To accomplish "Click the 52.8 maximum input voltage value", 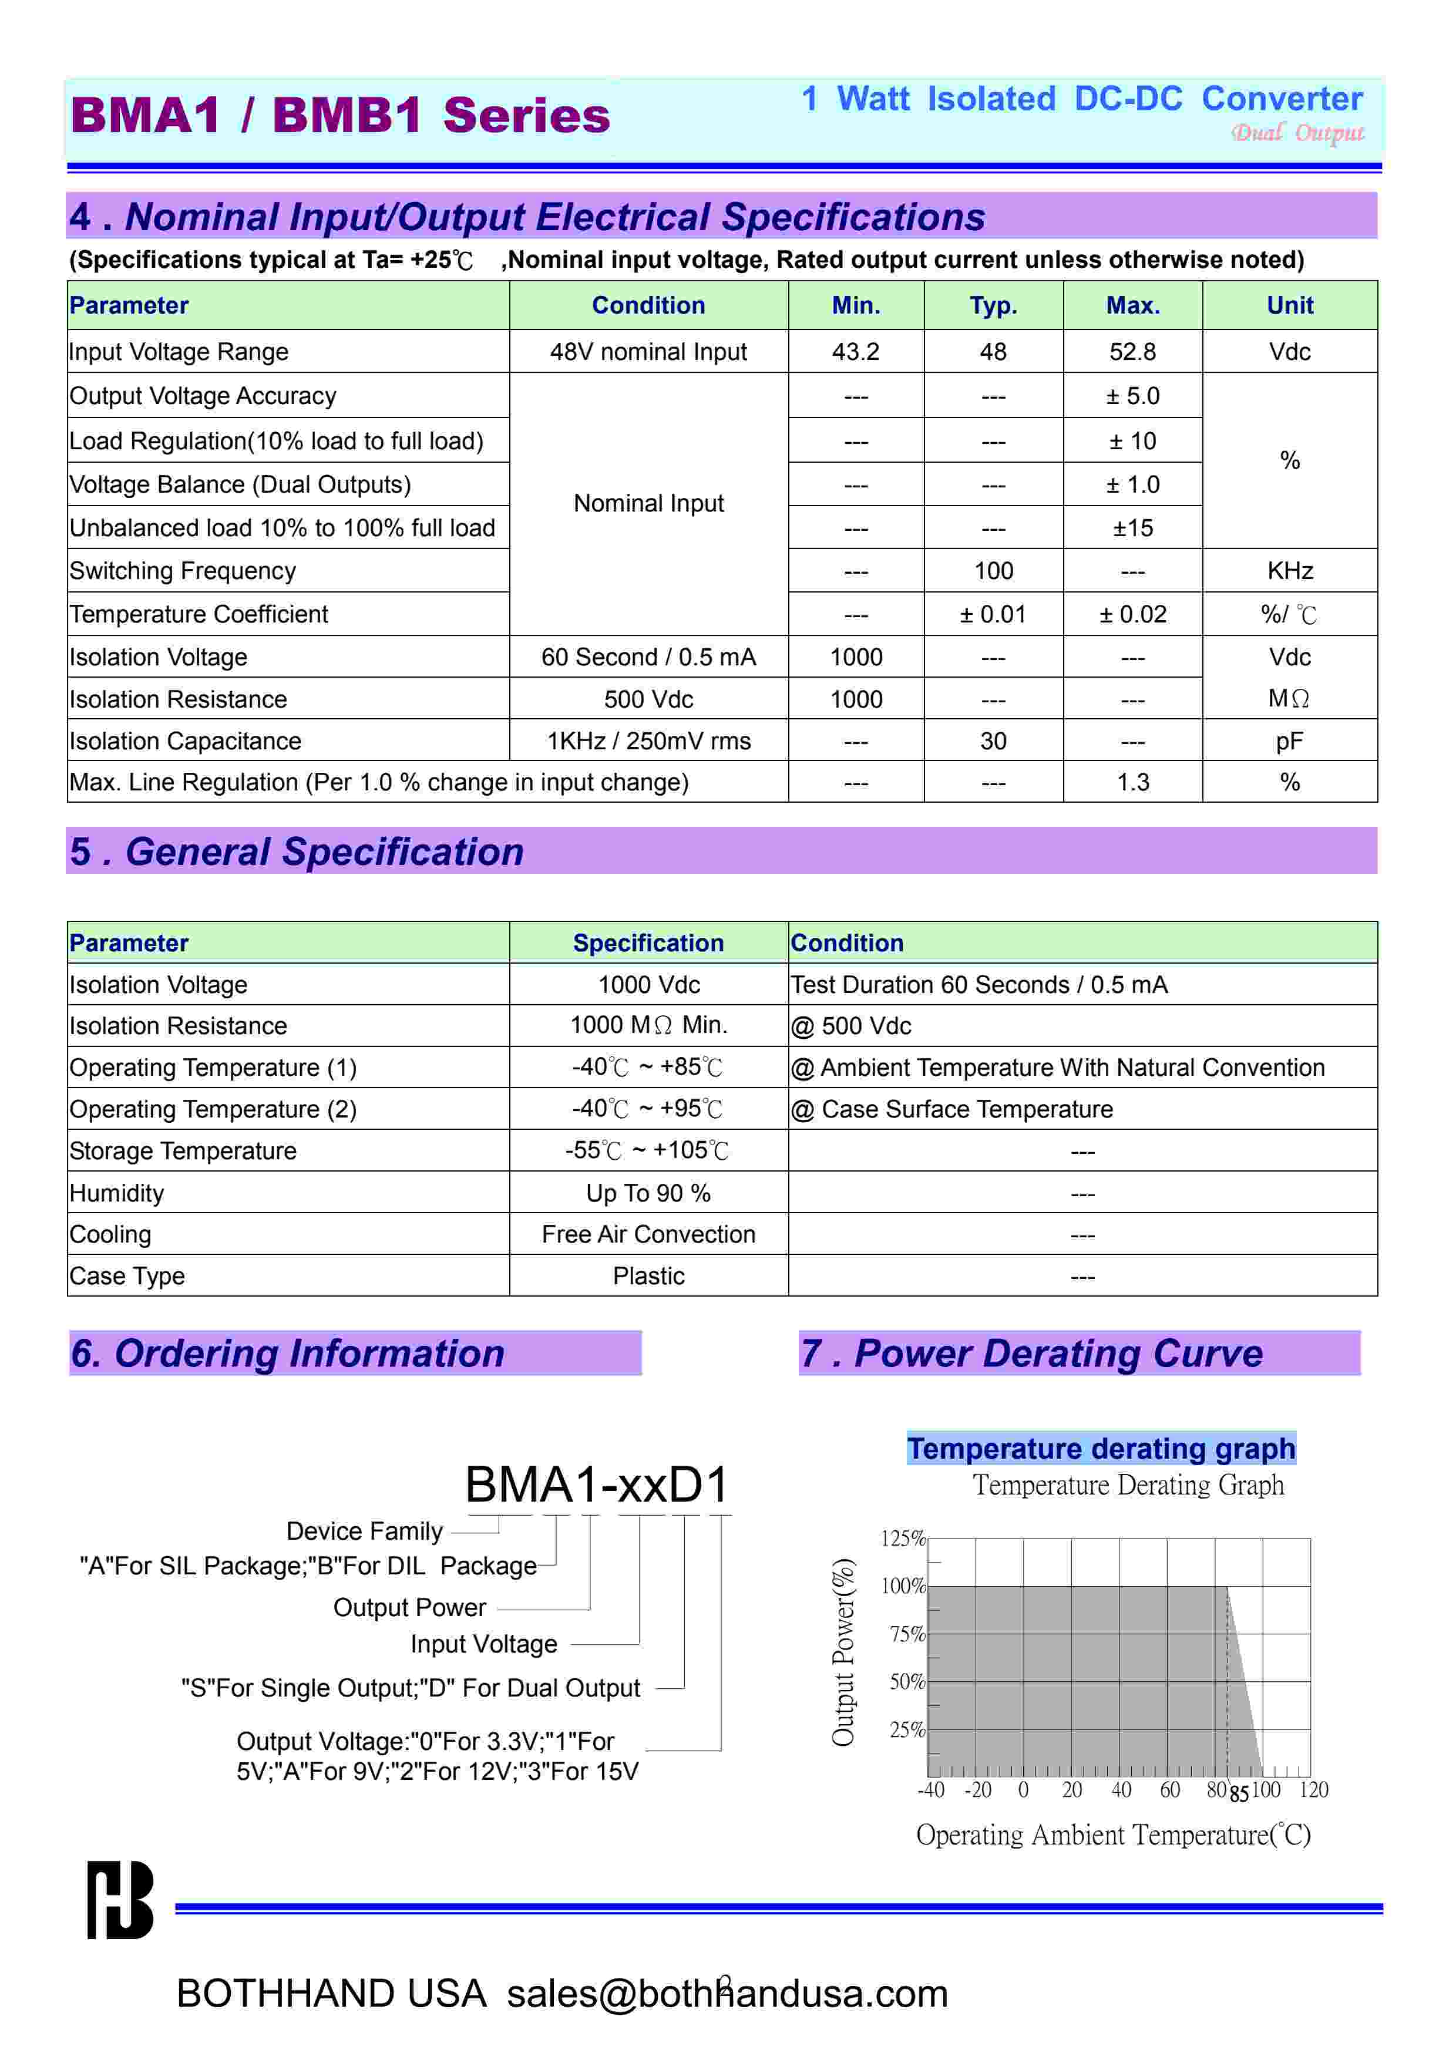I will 1132,352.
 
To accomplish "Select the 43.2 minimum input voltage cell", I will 855,352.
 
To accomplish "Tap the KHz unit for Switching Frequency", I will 1289,571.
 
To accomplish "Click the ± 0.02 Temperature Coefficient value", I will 1132,615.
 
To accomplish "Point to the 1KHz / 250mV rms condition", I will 648,741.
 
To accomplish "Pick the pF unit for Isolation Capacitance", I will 1289,741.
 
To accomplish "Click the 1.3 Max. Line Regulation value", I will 1132,782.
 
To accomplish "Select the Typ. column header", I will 993,306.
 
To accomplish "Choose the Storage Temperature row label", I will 183,1151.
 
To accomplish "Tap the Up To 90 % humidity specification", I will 648,1193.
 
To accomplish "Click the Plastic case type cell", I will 648,1276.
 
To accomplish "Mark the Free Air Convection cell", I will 648,1234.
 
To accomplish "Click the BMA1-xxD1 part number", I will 597,1485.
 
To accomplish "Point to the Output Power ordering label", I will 409,1608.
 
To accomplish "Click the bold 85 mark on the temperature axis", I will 1239,1793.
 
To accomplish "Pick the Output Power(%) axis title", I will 843,1652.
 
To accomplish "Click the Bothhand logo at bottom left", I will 119,1900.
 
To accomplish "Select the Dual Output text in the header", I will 1297,133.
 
